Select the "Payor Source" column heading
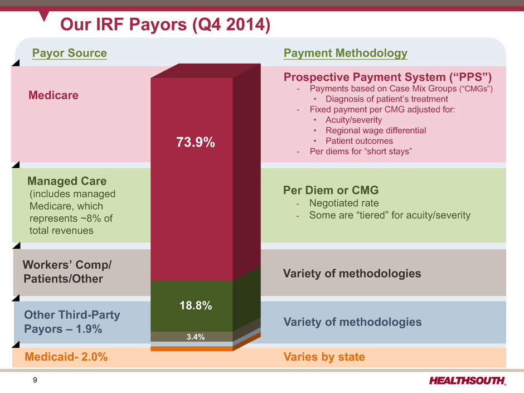point(69,54)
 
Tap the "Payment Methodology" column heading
point(345,54)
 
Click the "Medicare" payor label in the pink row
point(54,95)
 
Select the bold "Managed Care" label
point(67,182)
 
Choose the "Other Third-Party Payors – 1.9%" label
point(72,322)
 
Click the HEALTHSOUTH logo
point(468,381)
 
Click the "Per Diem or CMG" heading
point(331,190)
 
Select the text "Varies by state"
point(324,357)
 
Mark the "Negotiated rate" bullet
point(344,203)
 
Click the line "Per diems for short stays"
point(361,152)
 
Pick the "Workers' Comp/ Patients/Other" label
point(67,271)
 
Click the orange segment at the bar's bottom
point(191,349)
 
